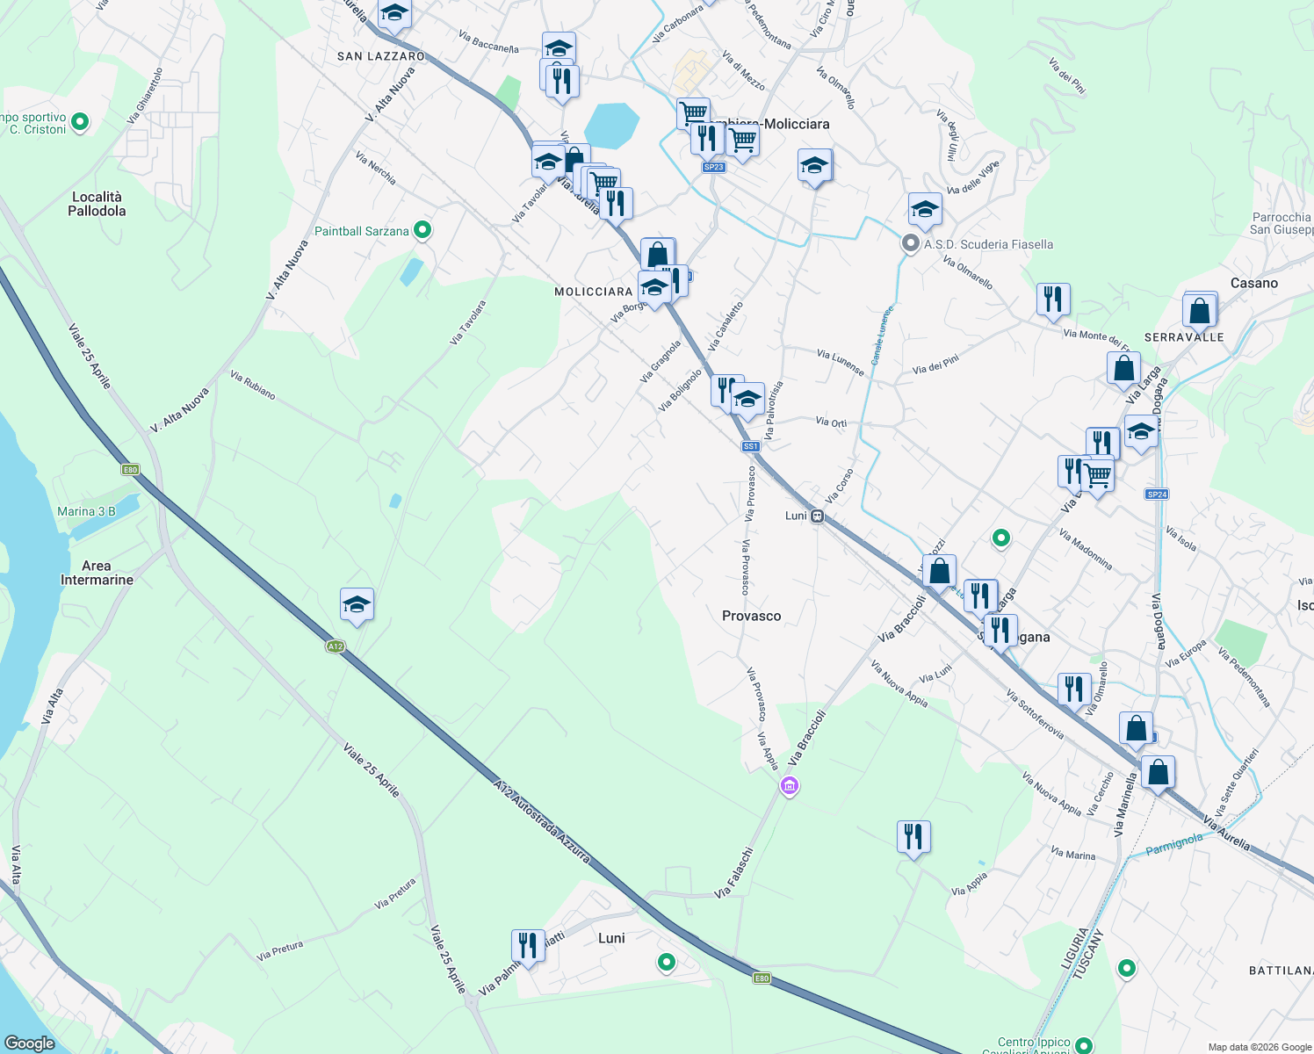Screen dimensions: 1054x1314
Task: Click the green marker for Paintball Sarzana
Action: click(x=422, y=230)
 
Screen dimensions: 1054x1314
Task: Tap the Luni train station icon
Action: click(x=817, y=516)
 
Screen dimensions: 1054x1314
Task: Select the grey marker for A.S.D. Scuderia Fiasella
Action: click(x=912, y=243)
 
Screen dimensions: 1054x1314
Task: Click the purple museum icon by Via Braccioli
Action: click(x=790, y=785)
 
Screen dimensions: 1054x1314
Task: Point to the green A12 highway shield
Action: click(x=335, y=646)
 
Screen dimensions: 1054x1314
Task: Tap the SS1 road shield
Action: click(x=750, y=446)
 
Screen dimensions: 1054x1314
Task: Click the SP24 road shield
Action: click(x=1157, y=495)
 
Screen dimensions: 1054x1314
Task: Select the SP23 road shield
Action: click(x=713, y=167)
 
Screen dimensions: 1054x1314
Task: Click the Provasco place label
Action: click(x=751, y=616)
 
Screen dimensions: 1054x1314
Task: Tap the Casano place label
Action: click(x=1253, y=283)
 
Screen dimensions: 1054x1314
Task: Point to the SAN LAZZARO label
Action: click(x=381, y=56)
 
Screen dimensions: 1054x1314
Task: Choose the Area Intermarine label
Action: click(x=97, y=573)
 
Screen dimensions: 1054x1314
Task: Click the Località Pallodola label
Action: click(x=97, y=204)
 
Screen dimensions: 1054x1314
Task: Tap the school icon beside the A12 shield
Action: click(x=357, y=604)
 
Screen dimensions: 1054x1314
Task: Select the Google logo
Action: click(x=30, y=1043)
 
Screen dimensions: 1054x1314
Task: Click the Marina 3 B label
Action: click(x=86, y=511)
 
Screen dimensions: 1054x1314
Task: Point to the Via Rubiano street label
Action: click(x=253, y=385)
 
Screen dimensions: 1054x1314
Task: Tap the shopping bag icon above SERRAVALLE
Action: click(x=1199, y=310)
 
